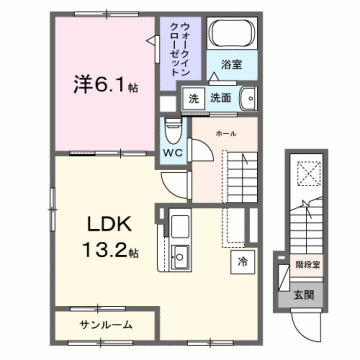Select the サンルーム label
[105, 326]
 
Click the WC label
[171, 154]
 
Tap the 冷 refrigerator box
[243, 261]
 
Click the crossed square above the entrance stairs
[302, 174]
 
